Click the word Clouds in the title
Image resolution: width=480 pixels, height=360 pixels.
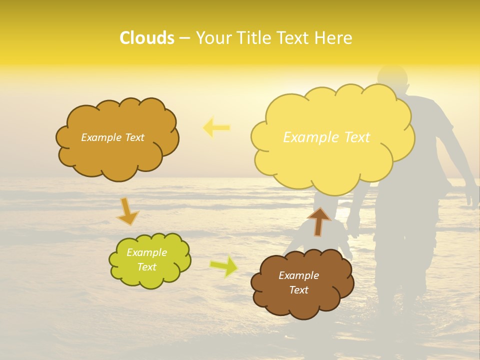(x=147, y=38)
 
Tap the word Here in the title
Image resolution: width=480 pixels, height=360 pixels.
(x=334, y=38)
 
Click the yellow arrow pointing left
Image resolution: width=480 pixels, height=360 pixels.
(x=216, y=128)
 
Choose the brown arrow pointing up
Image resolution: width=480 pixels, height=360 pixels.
(x=318, y=221)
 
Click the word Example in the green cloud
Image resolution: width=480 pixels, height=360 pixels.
(x=147, y=252)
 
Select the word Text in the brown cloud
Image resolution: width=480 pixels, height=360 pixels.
(x=299, y=290)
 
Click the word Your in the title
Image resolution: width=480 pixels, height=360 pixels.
(x=211, y=38)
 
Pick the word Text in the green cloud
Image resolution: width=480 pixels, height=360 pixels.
(x=147, y=267)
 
